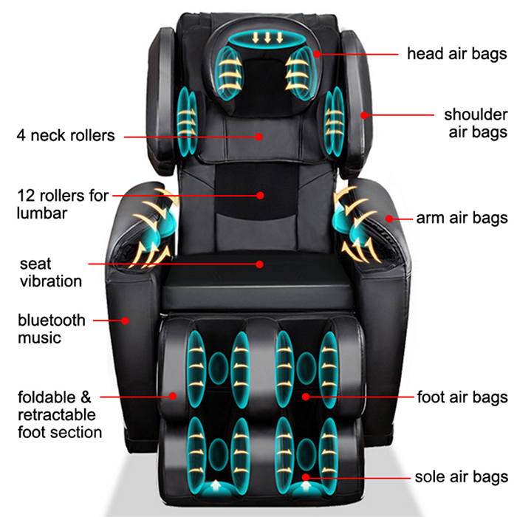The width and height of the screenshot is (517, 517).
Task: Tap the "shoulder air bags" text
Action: (475, 123)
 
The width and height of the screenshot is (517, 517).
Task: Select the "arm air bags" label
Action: (462, 218)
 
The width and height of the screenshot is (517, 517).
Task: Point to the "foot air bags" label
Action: (462, 397)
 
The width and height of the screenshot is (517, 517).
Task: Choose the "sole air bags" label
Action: (462, 476)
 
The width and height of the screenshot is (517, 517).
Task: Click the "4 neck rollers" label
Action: (66, 136)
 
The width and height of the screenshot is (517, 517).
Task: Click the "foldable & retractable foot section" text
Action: (59, 414)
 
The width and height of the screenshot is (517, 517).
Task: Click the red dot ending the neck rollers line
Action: (259, 136)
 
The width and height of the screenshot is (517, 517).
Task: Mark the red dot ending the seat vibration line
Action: (260, 262)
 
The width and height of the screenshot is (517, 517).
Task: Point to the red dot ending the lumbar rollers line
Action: (260, 196)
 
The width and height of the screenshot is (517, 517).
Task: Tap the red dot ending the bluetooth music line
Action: (126, 321)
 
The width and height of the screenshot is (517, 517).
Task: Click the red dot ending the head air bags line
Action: (316, 53)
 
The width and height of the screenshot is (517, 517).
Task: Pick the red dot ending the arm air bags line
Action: (388, 218)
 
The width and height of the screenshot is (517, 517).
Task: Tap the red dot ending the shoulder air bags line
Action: (364, 114)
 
